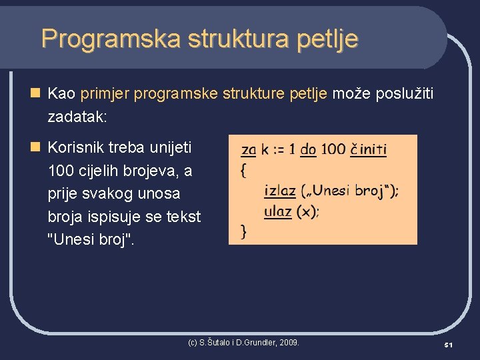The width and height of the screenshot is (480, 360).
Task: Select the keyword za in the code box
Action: coord(248,149)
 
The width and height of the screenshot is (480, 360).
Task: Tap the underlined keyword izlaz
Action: coord(280,191)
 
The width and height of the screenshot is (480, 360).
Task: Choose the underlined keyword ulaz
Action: coord(277,212)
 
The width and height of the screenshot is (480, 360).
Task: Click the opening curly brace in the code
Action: coord(243,170)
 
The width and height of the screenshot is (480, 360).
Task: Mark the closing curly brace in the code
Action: coord(243,232)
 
